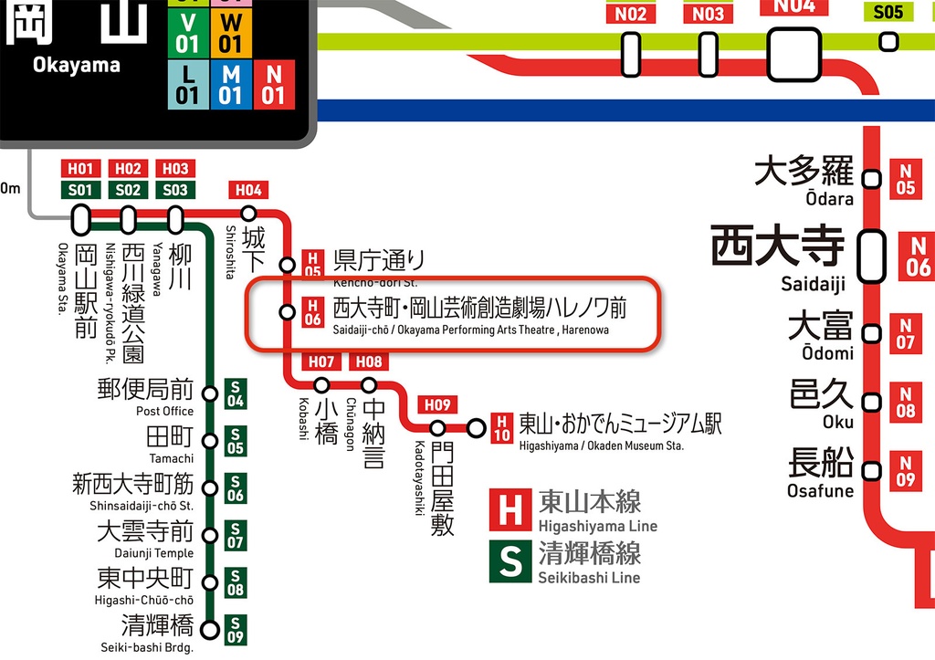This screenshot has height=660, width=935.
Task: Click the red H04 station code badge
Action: coord(247,190)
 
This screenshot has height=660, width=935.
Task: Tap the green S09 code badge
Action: coord(235,630)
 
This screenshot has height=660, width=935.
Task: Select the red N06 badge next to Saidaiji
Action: coord(917,257)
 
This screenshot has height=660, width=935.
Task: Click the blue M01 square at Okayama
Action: coord(231,85)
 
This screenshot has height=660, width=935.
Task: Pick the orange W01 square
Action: coord(231,32)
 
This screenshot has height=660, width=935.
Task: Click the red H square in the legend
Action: coord(510,510)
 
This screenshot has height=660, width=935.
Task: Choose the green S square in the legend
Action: coord(510,561)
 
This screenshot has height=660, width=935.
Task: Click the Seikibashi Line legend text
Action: coord(589,577)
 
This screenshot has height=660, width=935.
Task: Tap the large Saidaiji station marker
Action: coord(873,249)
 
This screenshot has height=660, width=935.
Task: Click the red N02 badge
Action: coord(630,14)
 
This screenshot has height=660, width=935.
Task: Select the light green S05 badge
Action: coord(888,12)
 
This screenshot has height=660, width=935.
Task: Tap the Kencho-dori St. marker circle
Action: coord(287,266)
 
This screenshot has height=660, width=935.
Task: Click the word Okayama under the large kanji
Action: coord(76,66)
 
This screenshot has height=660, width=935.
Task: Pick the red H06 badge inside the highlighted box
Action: coord(312,312)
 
